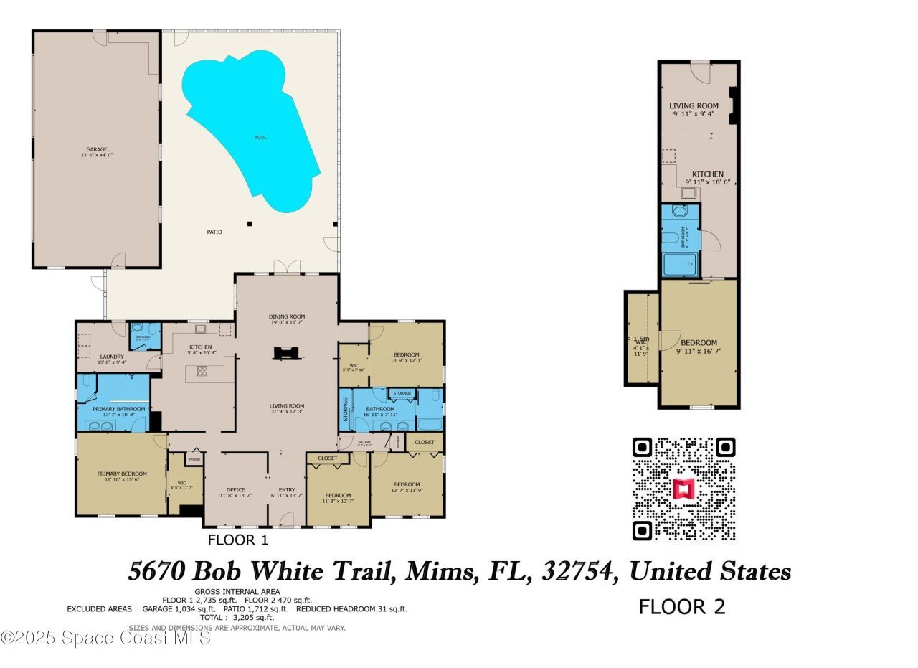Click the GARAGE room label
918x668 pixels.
[97, 150]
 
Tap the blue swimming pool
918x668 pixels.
[251, 129]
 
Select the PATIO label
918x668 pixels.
[214, 232]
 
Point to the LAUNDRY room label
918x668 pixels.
[112, 357]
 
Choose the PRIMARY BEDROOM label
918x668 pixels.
[122, 474]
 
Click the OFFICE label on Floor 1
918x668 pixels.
[235, 490]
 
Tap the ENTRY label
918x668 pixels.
[287, 490]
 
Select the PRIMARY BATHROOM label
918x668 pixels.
[119, 409]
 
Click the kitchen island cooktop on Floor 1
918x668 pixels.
[202, 372]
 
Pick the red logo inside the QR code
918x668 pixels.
[683, 489]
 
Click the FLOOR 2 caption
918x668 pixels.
[682, 607]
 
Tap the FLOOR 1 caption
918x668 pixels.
[237, 540]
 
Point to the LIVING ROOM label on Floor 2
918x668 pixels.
[694, 105]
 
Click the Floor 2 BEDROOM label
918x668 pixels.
[699, 343]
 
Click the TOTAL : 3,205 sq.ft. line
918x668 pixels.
[237, 617]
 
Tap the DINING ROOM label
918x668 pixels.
[287, 316]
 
